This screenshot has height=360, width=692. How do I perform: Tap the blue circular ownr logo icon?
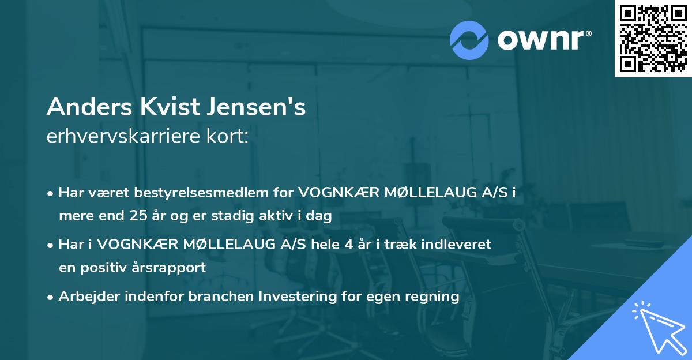click(469, 40)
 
